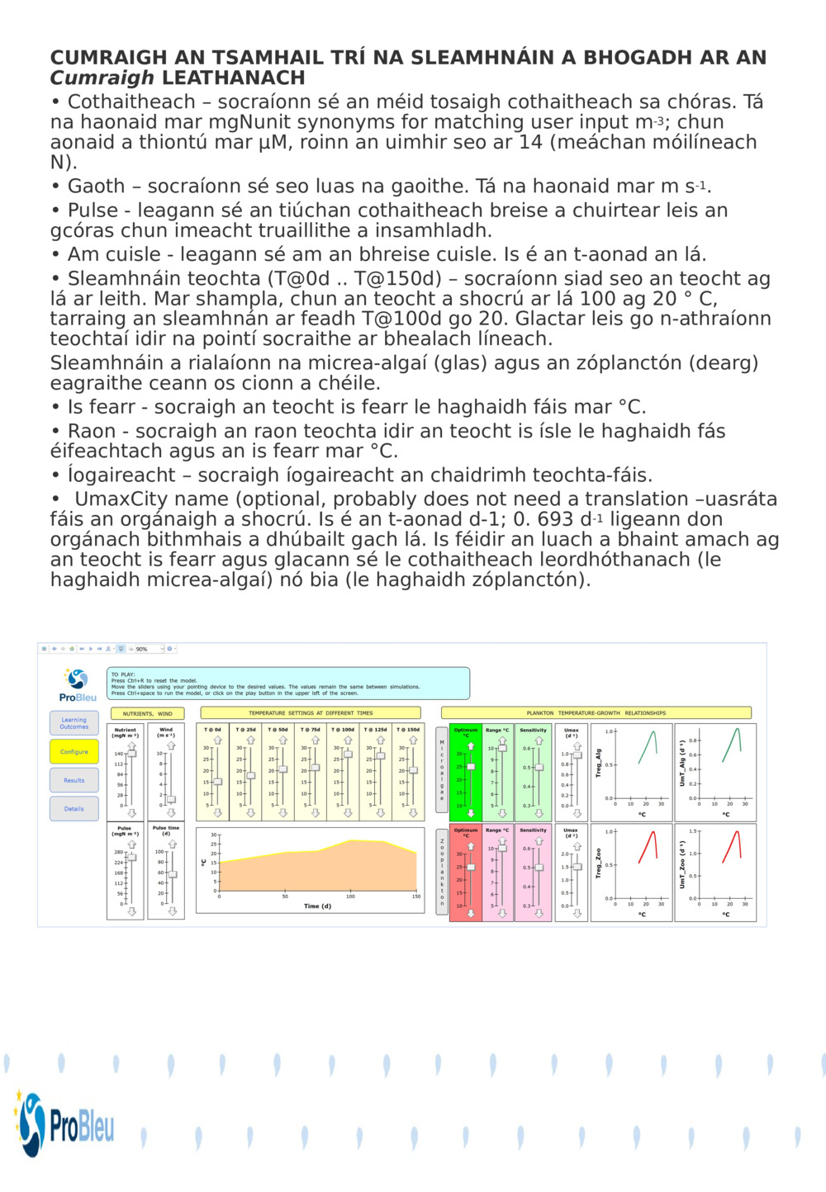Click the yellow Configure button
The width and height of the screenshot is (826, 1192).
[x=74, y=752]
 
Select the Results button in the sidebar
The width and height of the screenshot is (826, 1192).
[x=74, y=780]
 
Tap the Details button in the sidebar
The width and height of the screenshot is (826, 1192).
[x=74, y=809]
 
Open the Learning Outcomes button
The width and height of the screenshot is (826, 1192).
[x=74, y=723]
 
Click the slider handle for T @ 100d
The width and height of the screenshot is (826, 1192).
[x=348, y=754]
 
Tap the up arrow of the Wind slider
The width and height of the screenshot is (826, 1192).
[x=172, y=745]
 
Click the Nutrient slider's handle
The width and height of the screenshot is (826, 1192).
[x=131, y=753]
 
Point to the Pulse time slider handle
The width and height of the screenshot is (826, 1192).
[x=173, y=874]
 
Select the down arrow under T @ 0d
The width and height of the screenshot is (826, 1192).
[x=218, y=813]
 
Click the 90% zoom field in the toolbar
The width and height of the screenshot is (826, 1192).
[x=147, y=649]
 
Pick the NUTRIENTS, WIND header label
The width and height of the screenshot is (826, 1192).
[x=148, y=713]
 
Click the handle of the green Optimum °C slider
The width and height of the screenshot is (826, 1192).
[x=471, y=767]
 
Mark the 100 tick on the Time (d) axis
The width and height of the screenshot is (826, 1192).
[x=350, y=896]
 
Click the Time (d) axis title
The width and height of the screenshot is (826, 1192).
[x=317, y=906]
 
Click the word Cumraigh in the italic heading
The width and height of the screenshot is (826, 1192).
[x=102, y=78]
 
